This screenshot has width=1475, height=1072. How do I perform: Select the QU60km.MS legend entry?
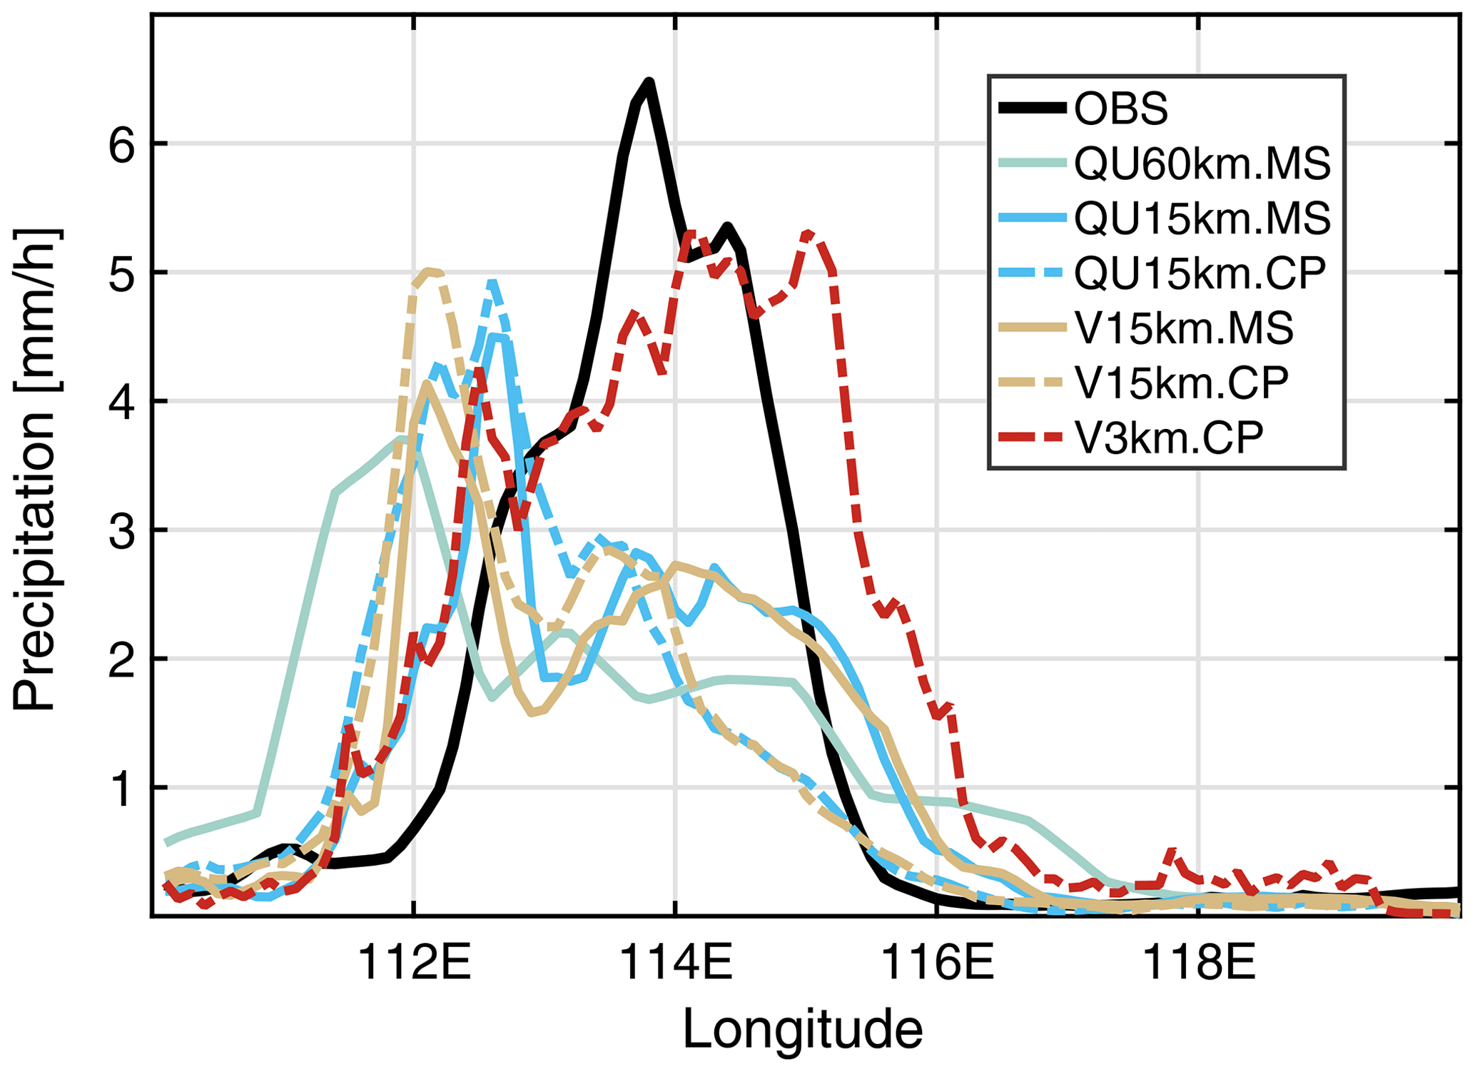coord(1202,163)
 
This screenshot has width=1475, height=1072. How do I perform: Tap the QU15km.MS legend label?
coord(1202,218)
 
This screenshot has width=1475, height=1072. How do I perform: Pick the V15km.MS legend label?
coord(1184,328)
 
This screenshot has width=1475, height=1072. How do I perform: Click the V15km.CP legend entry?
coord(1182,383)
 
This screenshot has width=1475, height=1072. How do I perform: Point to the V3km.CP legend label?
coord(1169,437)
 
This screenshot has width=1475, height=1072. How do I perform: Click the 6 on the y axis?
coord(121,144)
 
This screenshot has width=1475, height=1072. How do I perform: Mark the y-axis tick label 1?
coord(121,788)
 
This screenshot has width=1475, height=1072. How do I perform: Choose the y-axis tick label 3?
coord(121,530)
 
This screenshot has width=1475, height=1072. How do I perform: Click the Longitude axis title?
coord(803,1029)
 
